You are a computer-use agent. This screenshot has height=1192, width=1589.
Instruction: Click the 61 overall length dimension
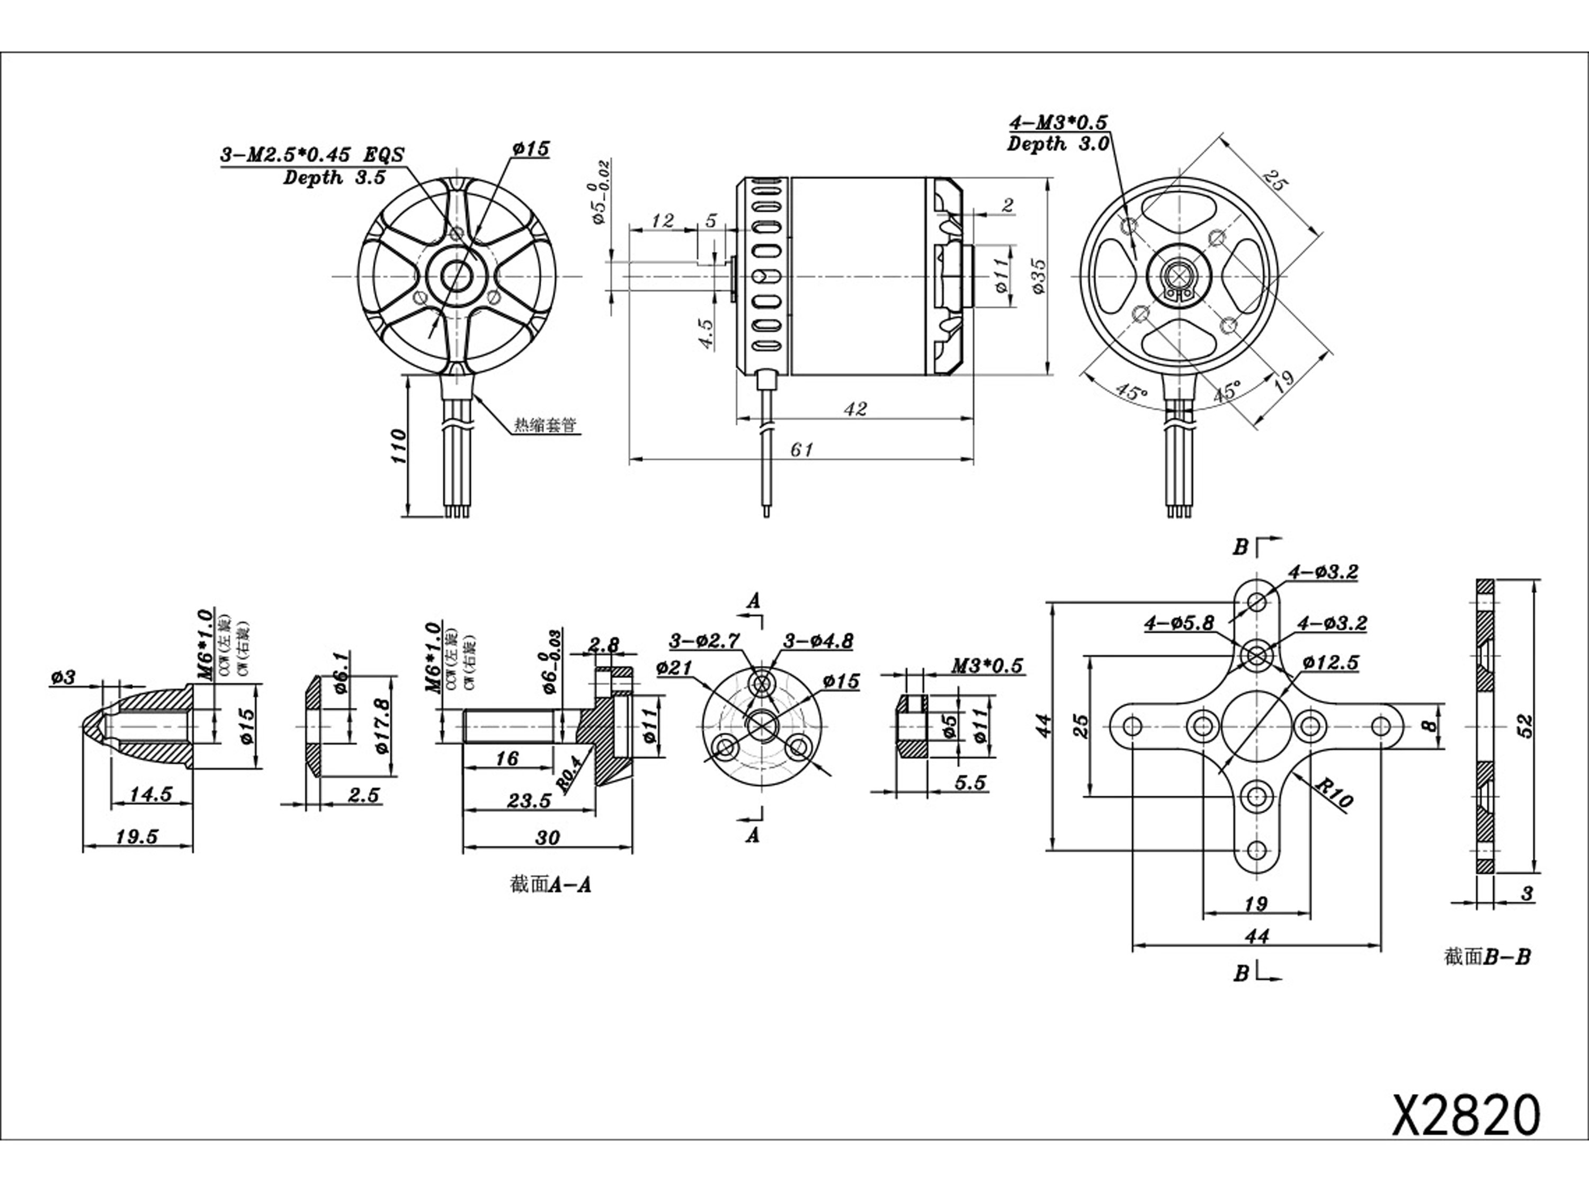tap(802, 450)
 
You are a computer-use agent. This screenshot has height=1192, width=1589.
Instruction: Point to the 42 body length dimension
tap(855, 409)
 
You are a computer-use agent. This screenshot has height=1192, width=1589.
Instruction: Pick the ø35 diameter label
tap(1039, 277)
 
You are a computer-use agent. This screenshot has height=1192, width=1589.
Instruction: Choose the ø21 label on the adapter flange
tap(673, 668)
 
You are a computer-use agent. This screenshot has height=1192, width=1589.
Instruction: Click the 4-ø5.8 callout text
tap(1179, 624)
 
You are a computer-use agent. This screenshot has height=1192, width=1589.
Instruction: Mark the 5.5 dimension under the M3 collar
tap(970, 782)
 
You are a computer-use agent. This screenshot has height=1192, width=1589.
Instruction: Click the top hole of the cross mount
tap(1256, 601)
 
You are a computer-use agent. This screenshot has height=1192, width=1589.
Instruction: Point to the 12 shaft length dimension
tap(662, 220)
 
